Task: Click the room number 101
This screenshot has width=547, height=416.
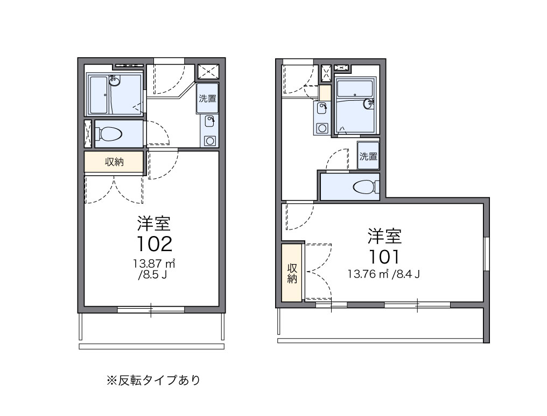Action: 384,255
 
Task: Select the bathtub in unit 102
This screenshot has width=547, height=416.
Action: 99,95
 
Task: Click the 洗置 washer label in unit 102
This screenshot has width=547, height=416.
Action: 207,99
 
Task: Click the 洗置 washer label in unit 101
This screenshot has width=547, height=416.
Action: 368,156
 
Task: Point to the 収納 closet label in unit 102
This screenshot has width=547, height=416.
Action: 114,162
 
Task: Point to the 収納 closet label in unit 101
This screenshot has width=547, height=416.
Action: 292,273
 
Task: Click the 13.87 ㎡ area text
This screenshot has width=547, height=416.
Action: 155,265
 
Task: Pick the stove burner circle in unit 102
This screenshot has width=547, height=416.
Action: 209,141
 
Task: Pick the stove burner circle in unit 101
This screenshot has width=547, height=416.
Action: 322,128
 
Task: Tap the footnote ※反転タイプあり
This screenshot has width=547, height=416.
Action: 153,380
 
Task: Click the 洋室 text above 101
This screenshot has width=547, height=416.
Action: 384,235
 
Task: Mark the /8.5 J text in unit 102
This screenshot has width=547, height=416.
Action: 154,276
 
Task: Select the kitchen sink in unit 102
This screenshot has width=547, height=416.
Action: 209,121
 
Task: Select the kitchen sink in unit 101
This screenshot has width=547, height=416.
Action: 322,108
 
